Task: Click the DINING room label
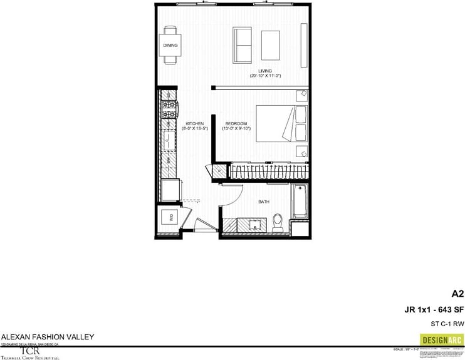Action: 170,46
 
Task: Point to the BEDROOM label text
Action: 236,123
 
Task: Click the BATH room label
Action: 264,202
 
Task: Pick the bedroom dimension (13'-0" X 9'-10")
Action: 237,129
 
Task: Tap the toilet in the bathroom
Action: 278,221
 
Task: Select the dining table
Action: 170,45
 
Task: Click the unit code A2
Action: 457,293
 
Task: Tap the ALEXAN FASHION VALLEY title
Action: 48,337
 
